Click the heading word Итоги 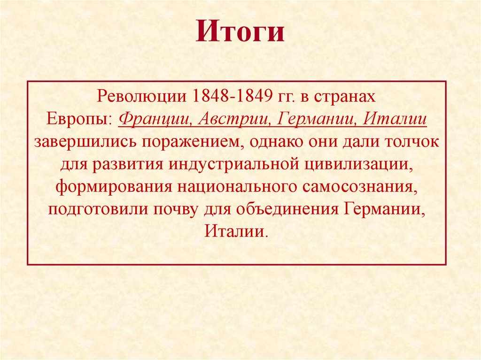coord(240,33)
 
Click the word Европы coord(78,120)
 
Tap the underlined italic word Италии coord(398,120)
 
